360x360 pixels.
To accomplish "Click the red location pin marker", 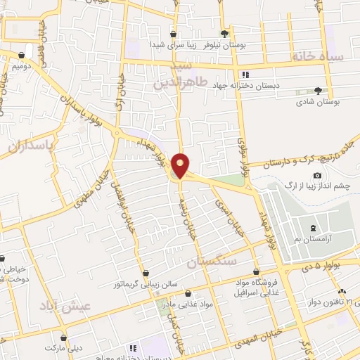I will [180, 165].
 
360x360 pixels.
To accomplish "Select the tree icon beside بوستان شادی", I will [318, 91].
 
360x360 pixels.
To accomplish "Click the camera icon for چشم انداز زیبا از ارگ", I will [318, 175].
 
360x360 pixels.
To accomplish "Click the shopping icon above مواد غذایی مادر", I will [188, 292].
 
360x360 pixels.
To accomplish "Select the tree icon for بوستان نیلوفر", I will [224, 33].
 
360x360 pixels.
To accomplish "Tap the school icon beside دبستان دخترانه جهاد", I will [245, 75].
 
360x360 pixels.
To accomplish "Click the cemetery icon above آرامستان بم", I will [314, 228].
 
